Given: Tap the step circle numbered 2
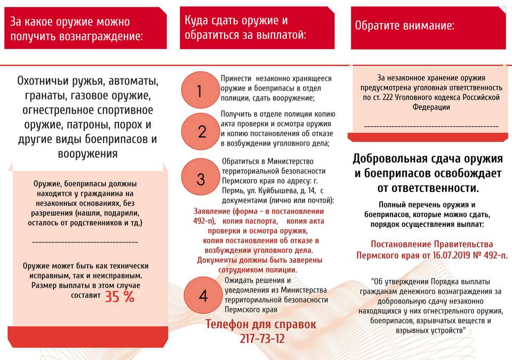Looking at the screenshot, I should pos(201,131).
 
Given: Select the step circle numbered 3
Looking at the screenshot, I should pos(201,179).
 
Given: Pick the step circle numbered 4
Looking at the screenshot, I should pos(203,296).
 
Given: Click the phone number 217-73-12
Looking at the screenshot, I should pos(262,338).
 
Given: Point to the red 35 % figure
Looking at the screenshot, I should pos(119,297).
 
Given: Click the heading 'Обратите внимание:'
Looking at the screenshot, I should pos(405,25).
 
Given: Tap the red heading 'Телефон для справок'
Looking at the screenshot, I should pos(261,324).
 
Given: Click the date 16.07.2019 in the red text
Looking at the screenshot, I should pos(449,255).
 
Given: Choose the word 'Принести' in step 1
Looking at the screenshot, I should pos(236,78).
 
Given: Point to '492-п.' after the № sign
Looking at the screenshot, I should pos(494,255).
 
